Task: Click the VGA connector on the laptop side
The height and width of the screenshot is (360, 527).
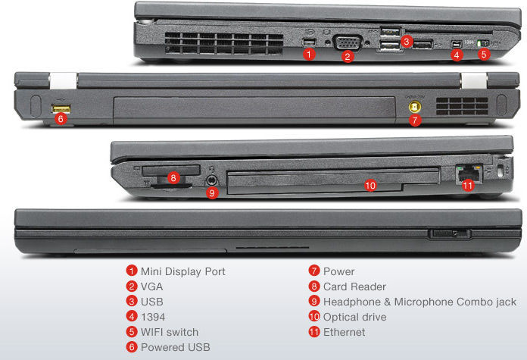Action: pos(348,42)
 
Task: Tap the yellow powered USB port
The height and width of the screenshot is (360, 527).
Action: pos(61,108)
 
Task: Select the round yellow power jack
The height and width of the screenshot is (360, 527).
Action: pos(415,108)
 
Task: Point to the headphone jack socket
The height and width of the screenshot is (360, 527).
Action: pos(211,180)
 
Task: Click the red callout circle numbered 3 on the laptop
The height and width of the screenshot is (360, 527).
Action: pos(407,42)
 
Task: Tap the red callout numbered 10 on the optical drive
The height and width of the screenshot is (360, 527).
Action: pos(370,185)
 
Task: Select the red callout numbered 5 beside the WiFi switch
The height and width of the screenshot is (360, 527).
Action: pos(484,54)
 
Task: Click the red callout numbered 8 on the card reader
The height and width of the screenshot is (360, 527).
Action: pos(173,177)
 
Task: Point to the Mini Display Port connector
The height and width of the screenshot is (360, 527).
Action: pos(308,42)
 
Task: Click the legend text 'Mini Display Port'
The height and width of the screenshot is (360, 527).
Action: pos(182,271)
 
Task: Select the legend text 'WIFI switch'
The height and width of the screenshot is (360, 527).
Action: pos(170,332)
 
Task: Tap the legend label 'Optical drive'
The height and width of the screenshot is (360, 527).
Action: pos(354,317)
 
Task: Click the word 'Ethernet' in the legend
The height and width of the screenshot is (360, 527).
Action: pos(344,332)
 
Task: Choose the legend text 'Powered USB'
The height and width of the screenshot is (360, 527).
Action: pos(175,347)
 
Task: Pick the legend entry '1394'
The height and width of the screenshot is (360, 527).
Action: pos(153,317)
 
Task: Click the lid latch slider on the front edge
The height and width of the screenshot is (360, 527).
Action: pos(451,233)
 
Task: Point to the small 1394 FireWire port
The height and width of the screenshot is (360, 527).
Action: pos(456,44)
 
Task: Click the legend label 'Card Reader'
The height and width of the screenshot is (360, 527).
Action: pos(354,286)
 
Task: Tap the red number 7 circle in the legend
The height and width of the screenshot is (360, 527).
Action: pos(314,271)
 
